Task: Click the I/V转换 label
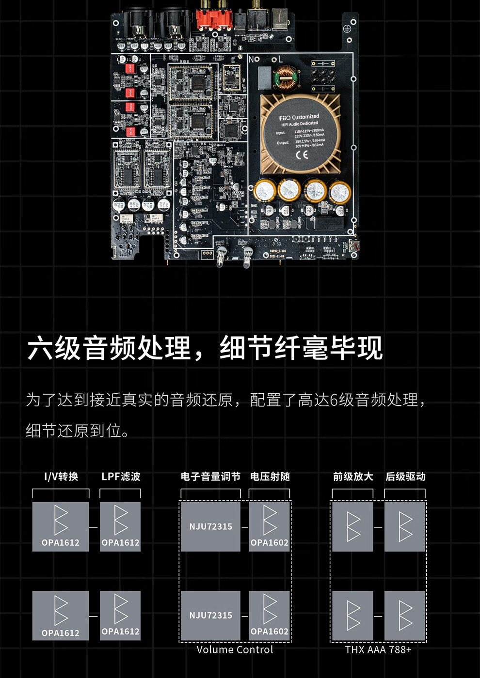point(61,477)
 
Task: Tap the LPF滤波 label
point(121,477)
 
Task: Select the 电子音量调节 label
point(210,477)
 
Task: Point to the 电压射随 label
point(270,477)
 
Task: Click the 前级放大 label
point(353,477)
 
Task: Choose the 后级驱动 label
point(405,477)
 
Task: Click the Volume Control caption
point(235,650)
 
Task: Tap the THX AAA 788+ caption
point(378,650)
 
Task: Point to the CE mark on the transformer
point(302,155)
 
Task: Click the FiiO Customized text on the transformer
point(299,117)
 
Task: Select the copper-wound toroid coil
point(286,78)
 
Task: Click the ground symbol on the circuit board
point(347,29)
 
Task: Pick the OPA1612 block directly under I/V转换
point(61,526)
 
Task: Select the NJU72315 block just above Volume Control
point(210,616)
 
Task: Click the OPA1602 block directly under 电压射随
point(270,526)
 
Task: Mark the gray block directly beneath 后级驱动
point(405,526)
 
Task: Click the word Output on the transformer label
point(283,143)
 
